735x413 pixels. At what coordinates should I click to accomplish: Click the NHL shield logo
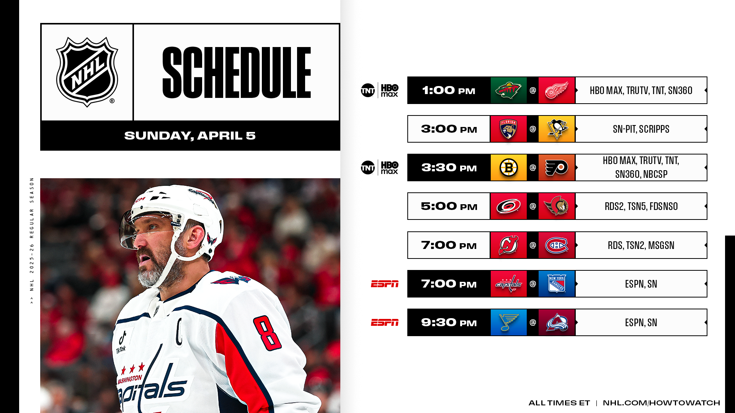87,72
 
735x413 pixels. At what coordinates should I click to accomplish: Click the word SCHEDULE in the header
237,73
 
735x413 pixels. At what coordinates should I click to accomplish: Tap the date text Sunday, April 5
190,136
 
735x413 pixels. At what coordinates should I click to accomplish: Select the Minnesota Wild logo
508,91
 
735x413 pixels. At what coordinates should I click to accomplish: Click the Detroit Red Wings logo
557,91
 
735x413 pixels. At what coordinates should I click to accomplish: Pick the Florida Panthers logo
508,129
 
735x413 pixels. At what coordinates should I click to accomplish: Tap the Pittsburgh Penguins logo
557,129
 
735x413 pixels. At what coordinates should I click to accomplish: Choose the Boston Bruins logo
508,168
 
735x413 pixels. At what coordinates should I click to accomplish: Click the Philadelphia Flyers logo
557,168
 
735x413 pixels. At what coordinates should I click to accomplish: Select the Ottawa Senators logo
557,206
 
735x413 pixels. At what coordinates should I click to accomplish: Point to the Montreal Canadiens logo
557,245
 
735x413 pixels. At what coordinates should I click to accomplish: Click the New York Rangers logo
557,284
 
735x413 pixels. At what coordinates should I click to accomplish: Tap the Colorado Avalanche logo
557,322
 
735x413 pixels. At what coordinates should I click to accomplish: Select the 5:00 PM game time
449,206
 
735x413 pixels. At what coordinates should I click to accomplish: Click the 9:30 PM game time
449,322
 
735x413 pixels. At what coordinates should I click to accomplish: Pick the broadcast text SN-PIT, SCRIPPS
641,129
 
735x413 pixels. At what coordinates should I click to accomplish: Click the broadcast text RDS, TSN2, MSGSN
641,245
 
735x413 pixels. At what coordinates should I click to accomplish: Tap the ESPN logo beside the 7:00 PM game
385,284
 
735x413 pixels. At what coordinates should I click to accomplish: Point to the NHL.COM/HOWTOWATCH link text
661,403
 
